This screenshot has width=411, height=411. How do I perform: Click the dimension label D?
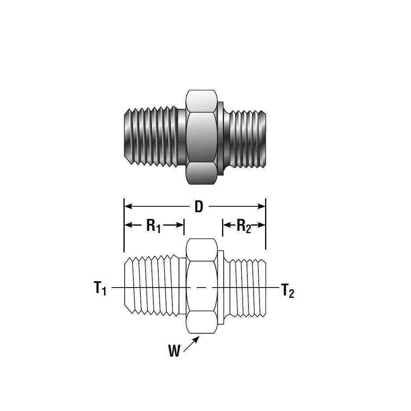click(x=198, y=206)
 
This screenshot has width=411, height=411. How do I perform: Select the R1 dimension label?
click(x=153, y=226)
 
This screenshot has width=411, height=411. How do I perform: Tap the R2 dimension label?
click(x=243, y=226)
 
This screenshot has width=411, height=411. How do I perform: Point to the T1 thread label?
click(x=100, y=288)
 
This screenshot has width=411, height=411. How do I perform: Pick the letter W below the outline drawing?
click(x=174, y=350)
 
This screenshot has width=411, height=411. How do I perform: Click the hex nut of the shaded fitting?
click(x=202, y=137)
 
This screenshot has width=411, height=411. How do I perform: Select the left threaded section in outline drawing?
click(x=152, y=286)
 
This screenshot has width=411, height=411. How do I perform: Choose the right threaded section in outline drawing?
click(x=247, y=287)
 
